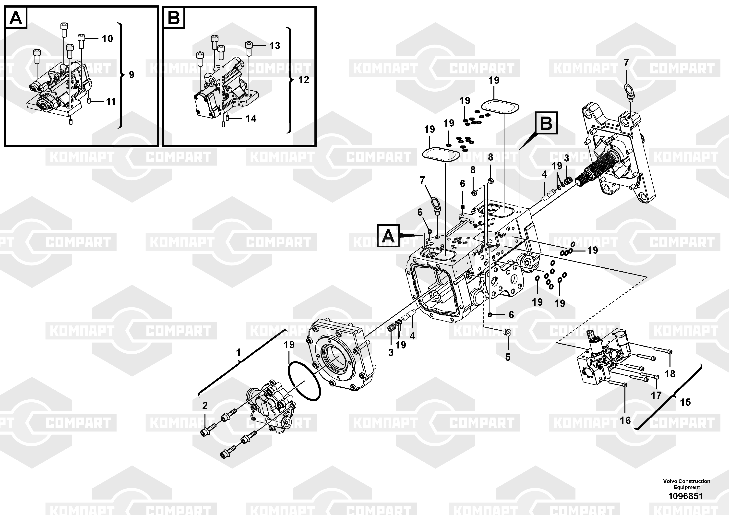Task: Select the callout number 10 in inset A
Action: [107, 39]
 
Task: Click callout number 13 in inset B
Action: [275, 46]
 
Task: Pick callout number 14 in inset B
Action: [251, 119]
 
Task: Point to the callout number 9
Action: [131, 75]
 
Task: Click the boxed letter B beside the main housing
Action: [546, 123]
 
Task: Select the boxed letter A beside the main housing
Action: [388, 236]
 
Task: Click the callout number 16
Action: [625, 420]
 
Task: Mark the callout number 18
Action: [670, 374]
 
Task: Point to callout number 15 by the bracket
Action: [685, 402]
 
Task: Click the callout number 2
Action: [205, 406]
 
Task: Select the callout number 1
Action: [239, 352]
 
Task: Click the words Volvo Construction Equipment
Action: [686, 484]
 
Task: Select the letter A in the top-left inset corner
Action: [16, 18]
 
